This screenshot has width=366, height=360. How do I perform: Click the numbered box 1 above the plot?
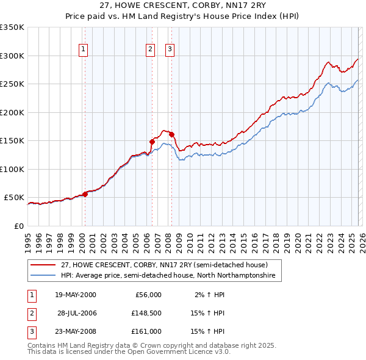83,50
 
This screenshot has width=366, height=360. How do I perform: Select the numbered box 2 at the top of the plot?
150,50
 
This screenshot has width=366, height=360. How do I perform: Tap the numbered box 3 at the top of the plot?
170,50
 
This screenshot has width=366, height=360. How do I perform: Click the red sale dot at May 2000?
85,194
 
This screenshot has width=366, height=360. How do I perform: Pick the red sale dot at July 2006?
152,142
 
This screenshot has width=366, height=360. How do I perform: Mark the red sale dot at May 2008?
171,134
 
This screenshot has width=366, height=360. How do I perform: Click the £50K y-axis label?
15,198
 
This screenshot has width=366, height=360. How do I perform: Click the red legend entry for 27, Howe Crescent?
164,265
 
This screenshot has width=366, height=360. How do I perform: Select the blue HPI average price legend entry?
168,276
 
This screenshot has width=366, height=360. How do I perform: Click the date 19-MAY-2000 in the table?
75,295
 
